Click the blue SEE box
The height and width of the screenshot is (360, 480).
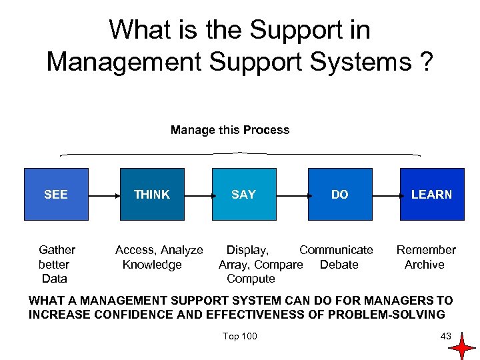click(56, 194)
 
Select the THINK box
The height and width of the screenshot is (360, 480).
click(151, 194)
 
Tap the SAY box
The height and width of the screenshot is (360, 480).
click(243, 194)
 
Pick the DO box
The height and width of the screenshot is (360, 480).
click(339, 194)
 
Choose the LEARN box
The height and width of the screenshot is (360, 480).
click(431, 194)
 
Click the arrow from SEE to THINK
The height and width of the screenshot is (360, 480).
click(103, 196)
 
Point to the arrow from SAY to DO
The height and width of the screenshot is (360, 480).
click(291, 196)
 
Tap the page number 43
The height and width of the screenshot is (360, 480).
click(446, 335)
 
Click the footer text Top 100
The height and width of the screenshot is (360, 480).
click(240, 335)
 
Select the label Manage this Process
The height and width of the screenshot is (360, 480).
click(230, 130)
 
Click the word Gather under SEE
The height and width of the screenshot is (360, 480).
click(57, 250)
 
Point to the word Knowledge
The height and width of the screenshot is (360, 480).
click(152, 265)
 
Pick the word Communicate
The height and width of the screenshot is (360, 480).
click(336, 250)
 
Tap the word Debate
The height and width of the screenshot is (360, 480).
click(339, 265)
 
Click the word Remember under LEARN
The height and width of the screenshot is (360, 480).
click(426, 250)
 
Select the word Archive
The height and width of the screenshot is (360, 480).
click(425, 265)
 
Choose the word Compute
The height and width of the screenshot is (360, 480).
click(251, 279)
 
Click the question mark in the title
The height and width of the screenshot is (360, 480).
click(425, 62)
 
